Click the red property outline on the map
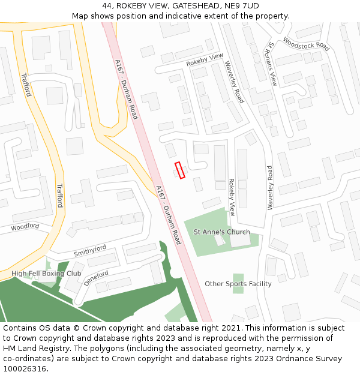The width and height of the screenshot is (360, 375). [180, 170]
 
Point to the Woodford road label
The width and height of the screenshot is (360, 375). [25, 227]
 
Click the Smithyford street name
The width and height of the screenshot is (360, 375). [90, 251]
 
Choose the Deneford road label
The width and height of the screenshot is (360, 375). [96, 277]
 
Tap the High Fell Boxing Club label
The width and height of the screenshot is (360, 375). [46, 274]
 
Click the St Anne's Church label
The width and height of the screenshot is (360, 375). [221, 232]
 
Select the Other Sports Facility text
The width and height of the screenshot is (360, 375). [238, 284]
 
